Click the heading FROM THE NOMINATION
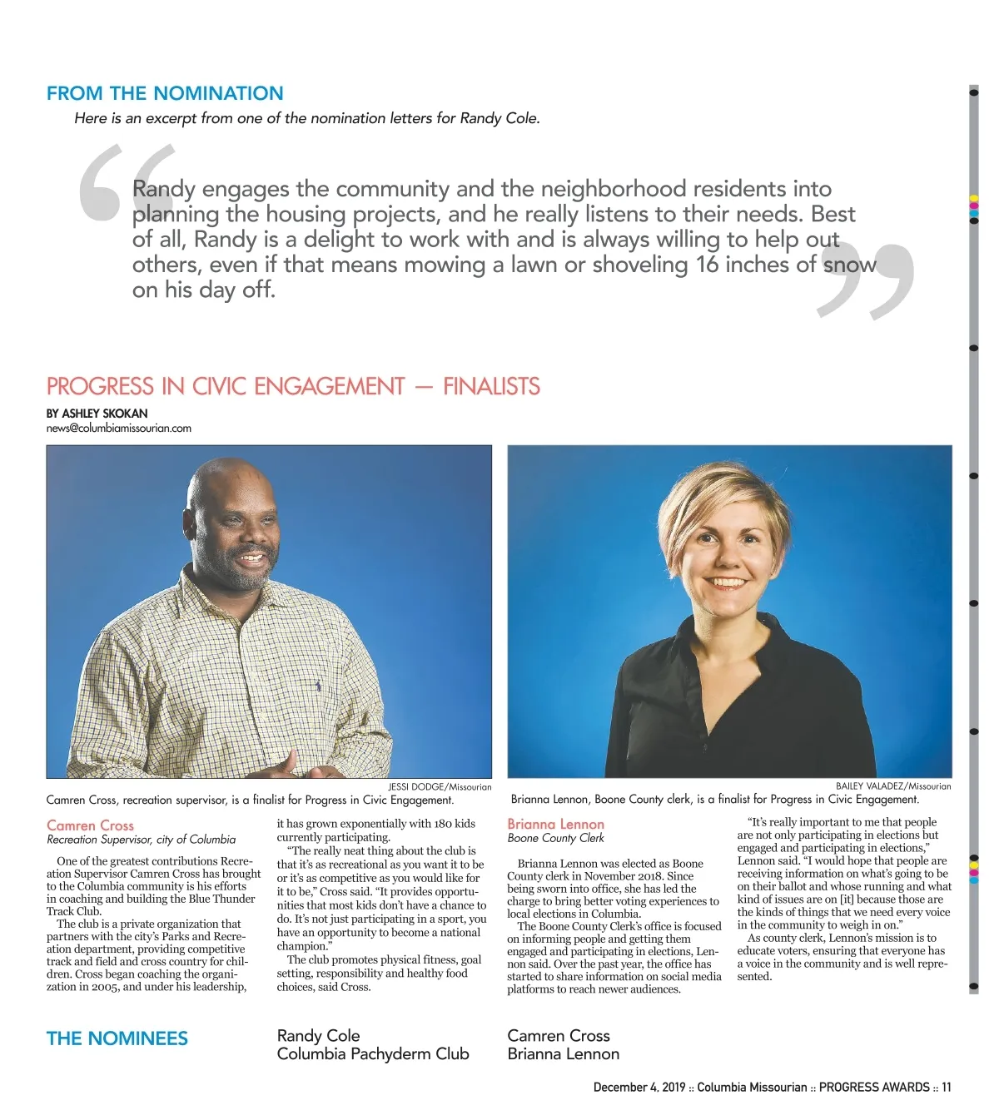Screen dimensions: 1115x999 pyautogui.click(x=165, y=93)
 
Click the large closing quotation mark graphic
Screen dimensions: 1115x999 pyautogui.click(x=866, y=281)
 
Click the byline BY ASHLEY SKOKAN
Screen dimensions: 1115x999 pyautogui.click(x=97, y=414)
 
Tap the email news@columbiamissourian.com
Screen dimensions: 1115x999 pyautogui.click(x=119, y=429)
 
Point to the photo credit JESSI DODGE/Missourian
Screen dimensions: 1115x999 pyautogui.click(x=440, y=786)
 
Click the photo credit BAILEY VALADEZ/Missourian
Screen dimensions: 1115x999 pyautogui.click(x=893, y=785)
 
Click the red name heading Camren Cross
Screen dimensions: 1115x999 pyautogui.click(x=90, y=825)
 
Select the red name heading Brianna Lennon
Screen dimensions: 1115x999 pyautogui.click(x=555, y=824)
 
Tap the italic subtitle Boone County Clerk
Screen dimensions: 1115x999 pyautogui.click(x=555, y=838)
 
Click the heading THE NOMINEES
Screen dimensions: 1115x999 pyautogui.click(x=117, y=1038)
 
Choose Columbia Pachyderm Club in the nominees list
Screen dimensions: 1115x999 pyautogui.click(x=373, y=1054)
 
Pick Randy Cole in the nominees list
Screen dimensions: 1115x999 pyautogui.click(x=318, y=1036)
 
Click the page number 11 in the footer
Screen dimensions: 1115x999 pyautogui.click(x=947, y=1088)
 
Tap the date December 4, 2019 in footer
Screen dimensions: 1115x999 pyautogui.click(x=639, y=1088)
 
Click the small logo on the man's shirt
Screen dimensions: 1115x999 pyautogui.click(x=317, y=686)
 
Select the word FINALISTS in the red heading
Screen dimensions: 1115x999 pyautogui.click(x=491, y=387)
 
